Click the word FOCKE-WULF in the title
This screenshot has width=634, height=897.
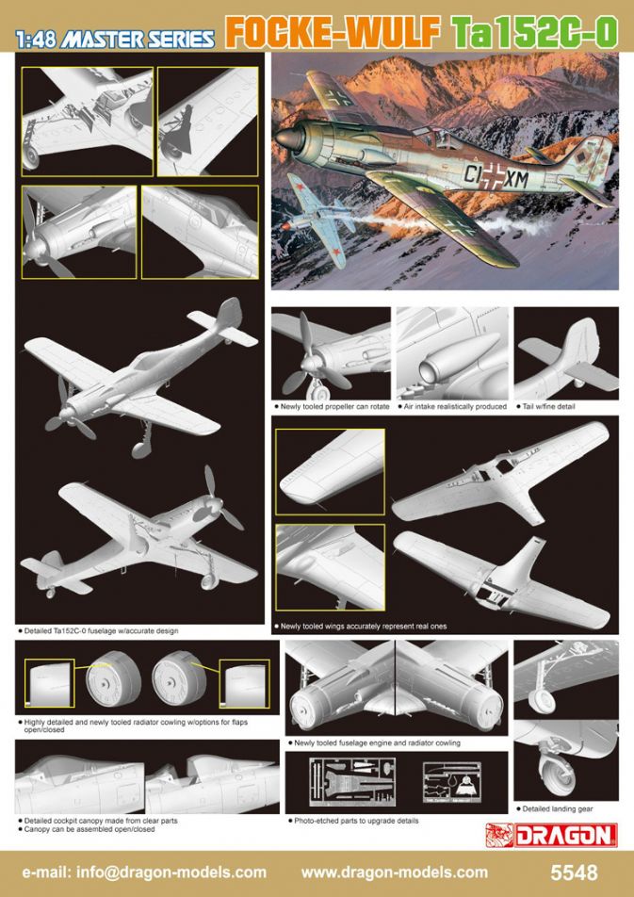coord(333,33)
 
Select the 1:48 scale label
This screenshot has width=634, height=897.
coord(37,40)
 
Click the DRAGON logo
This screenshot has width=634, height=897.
coord(551,835)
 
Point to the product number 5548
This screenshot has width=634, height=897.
coord(574,873)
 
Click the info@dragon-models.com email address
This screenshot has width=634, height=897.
coord(144,873)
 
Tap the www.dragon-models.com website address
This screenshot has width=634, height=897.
coord(394,873)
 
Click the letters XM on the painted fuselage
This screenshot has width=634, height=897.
coord(517,181)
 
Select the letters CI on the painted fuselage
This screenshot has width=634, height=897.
coord(473,174)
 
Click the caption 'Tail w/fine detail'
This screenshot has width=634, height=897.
coord(547,407)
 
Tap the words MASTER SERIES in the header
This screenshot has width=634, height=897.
coord(138,40)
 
